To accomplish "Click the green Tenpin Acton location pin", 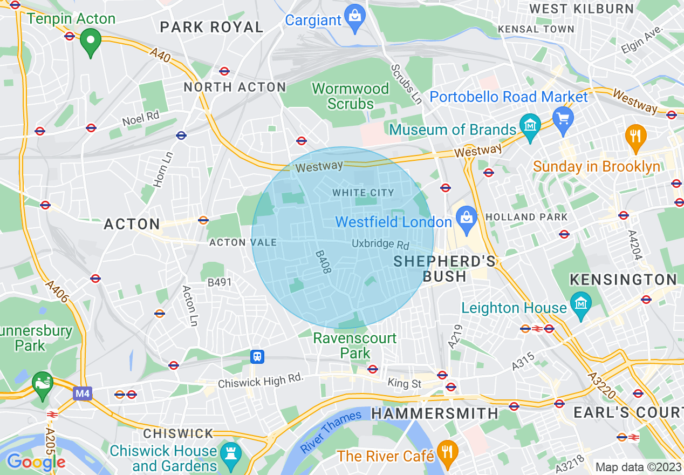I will tap(91, 41).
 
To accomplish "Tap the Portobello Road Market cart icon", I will tap(563, 117).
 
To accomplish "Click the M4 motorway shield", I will tap(82, 393).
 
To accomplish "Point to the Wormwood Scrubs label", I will tap(351, 96).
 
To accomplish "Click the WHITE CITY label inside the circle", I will tap(363, 193).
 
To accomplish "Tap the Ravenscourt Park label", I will tap(355, 345).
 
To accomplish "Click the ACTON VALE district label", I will tap(243, 242).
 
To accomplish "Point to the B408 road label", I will tap(323, 261).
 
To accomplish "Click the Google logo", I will tap(36, 462).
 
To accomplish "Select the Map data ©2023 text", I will tap(638, 467).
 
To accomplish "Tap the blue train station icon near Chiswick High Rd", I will tap(258, 356).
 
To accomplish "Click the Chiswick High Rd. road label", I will tap(261, 382).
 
